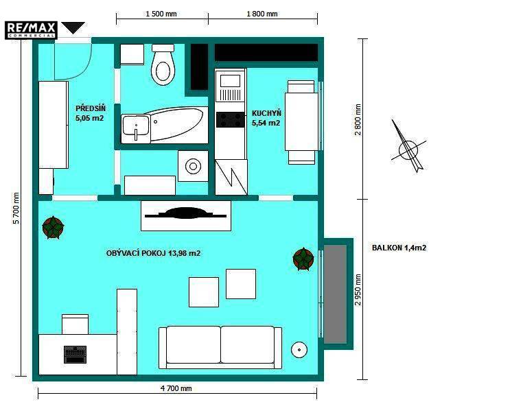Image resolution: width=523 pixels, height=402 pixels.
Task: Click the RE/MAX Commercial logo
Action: point(31,30)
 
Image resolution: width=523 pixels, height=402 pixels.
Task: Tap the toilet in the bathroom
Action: point(163,64)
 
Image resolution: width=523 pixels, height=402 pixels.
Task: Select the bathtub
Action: point(177,125)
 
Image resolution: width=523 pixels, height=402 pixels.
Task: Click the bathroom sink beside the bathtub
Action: point(135,128)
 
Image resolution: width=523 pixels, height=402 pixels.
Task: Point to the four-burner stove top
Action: point(230,120)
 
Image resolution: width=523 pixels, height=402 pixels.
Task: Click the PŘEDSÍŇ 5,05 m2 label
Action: point(91,113)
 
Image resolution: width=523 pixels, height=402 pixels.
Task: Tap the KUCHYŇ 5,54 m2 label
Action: point(266,118)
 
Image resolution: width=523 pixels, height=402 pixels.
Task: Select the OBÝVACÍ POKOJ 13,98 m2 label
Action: point(153,253)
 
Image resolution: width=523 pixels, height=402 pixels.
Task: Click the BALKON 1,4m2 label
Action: point(399,248)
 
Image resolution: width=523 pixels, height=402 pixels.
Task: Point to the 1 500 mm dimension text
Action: point(161,14)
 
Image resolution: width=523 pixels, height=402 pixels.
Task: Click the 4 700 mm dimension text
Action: point(176,388)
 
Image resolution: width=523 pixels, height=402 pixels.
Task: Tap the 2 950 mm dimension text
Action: point(358,289)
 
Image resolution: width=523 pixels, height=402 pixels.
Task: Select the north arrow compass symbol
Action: point(408,147)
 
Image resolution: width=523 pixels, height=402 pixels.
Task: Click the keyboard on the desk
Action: point(75,355)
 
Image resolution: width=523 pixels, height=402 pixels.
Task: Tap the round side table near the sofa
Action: point(299,350)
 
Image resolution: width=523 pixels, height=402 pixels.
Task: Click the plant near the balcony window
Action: point(303,259)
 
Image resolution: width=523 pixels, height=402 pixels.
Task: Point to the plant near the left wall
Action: point(53,228)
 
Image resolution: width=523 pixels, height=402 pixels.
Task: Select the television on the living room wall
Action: point(185,213)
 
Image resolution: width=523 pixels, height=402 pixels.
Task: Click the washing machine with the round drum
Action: point(193,166)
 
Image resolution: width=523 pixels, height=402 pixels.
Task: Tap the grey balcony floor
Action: point(335,294)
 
